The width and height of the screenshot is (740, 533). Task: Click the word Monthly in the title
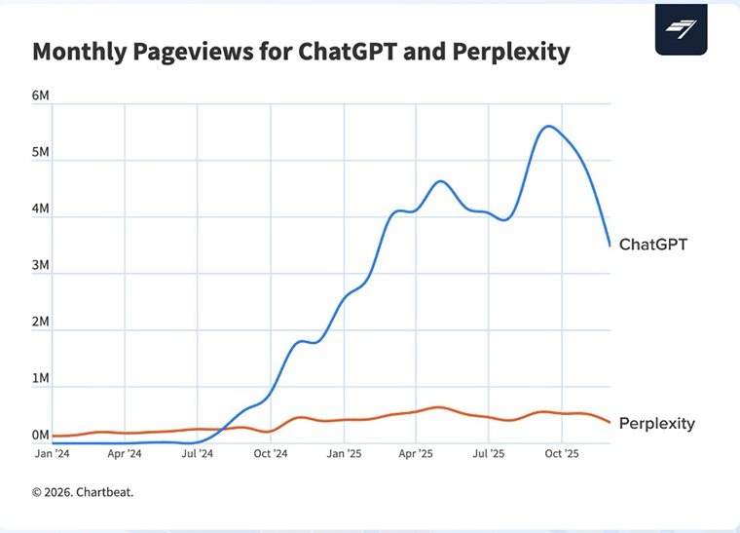click(79, 52)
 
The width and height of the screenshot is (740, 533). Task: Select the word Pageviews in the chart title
click(194, 52)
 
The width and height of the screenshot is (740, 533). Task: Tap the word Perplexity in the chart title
click(511, 52)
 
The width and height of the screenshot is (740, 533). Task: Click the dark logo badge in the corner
click(681, 29)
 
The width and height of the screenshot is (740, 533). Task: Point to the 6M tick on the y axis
click(41, 95)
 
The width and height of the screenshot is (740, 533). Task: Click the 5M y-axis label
click(41, 152)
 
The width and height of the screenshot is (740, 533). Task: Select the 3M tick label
click(41, 265)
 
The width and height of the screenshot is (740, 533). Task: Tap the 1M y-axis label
click(41, 379)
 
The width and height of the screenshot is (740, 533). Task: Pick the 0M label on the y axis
click(41, 436)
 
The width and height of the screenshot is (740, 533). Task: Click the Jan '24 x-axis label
click(52, 454)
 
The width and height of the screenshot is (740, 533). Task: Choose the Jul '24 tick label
click(198, 454)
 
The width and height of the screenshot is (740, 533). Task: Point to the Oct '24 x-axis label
click(271, 454)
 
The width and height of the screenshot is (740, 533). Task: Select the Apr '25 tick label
click(416, 454)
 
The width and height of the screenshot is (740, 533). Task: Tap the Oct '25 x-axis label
click(562, 454)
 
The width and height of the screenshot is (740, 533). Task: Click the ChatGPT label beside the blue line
click(653, 244)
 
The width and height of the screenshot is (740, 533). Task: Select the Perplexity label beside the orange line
click(657, 424)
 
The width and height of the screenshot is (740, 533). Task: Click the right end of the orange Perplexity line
click(610, 423)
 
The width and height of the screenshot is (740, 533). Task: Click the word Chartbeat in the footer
click(104, 492)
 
